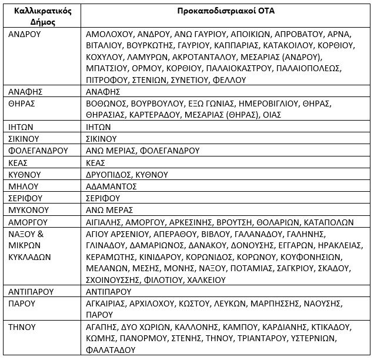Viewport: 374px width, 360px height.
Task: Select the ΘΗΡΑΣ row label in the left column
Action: [x=23, y=103]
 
